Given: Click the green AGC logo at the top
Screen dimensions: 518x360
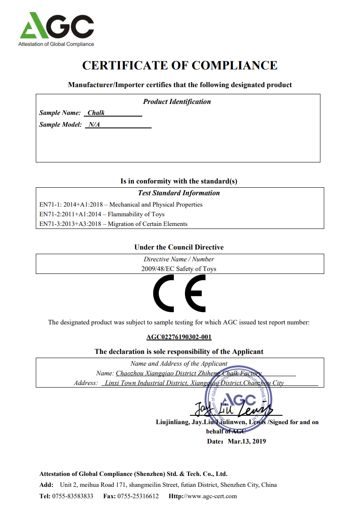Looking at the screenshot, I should (x=56, y=26).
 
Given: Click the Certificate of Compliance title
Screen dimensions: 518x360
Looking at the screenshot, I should (x=180, y=66).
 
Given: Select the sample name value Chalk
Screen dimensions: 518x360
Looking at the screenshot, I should (x=96, y=113).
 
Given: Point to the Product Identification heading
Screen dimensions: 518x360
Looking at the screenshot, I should (x=177, y=101).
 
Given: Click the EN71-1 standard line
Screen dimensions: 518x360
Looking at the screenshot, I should (x=121, y=205).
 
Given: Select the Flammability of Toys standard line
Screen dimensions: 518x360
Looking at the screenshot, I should (x=102, y=214).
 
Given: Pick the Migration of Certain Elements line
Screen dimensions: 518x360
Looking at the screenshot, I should (x=113, y=224).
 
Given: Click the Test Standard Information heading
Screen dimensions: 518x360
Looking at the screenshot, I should (x=179, y=193).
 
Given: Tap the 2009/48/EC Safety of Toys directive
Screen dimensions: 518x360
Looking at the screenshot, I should (x=179, y=268).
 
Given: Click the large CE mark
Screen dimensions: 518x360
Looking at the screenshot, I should (x=179, y=293).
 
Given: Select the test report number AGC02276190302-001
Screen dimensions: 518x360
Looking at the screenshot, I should (x=179, y=337).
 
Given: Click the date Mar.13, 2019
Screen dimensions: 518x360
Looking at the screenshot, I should (x=247, y=441).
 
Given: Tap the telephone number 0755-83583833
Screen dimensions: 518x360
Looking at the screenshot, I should (x=73, y=496).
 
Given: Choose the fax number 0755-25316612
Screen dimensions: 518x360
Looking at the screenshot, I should (x=138, y=496).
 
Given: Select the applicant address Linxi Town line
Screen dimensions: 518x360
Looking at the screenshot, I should (x=194, y=383).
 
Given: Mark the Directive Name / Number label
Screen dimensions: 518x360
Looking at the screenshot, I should (x=179, y=259).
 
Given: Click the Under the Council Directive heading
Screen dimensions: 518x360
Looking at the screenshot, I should (x=179, y=247).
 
